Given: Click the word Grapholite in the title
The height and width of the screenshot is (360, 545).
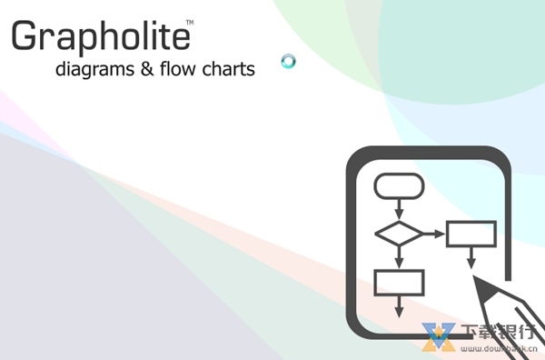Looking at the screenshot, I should coord(100,36).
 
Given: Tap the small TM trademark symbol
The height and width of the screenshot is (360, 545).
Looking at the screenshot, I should coord(189,20).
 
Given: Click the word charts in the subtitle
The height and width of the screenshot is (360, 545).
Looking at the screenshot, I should coord(232,68).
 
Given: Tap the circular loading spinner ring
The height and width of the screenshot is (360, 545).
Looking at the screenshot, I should coord(289,62).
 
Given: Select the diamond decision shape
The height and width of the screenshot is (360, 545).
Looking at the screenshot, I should coord(399,234).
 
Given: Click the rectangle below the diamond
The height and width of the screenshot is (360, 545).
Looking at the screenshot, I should coord(399,283).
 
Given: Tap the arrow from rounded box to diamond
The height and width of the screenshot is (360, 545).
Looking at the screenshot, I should coord(399,210).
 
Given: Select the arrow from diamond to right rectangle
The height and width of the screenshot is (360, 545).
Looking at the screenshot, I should coord(434,234).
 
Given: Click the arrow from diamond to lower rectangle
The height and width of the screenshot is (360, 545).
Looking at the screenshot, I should coord(399,258).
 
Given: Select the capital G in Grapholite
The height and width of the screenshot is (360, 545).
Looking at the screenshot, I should coord(26,36).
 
